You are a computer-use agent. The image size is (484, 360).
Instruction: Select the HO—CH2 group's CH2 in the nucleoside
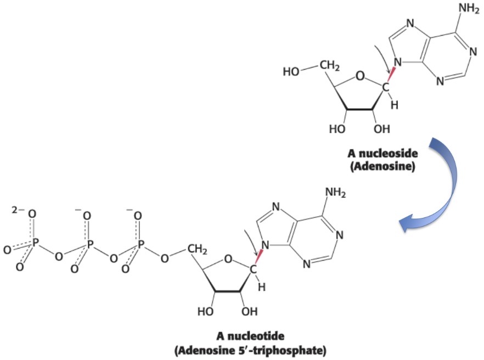pyautogui.click(x=329, y=66)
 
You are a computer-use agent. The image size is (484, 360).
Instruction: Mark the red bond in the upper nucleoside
pyautogui.click(x=393, y=76)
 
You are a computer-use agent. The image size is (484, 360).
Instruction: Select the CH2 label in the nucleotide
pyautogui.click(x=196, y=250)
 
